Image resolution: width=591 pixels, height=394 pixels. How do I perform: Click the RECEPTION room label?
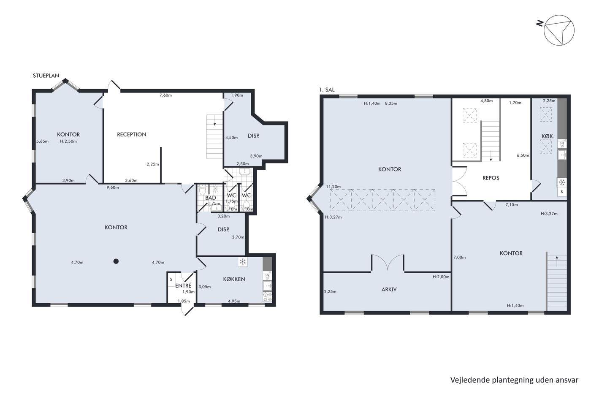tap(131, 135)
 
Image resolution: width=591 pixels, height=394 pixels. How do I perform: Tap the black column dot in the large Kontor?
tap(116, 261)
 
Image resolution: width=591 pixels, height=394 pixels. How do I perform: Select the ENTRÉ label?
tap(183, 285)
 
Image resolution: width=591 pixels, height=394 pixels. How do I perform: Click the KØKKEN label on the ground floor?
tap(234, 279)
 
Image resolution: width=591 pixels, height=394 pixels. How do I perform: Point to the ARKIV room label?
tap(389, 290)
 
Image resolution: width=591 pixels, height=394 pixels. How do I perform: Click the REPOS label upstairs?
tap(491, 178)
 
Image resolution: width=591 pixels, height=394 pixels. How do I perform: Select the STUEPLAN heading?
tap(46, 76)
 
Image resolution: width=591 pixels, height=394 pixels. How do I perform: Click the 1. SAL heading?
tap(327, 90)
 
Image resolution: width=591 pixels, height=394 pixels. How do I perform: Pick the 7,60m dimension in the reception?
tap(165, 95)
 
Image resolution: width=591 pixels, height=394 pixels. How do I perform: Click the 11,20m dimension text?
tap(333, 187)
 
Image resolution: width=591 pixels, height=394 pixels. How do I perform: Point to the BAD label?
tap(211, 198)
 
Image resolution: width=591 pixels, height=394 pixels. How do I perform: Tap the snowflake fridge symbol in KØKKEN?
tap(242, 262)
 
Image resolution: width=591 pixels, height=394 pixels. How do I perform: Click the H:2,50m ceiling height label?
tap(68, 141)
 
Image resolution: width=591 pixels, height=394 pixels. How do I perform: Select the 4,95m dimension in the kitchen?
tap(234, 301)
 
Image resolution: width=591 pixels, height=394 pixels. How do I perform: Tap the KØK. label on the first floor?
tap(548, 136)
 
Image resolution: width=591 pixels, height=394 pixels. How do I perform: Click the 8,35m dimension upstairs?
tap(391, 103)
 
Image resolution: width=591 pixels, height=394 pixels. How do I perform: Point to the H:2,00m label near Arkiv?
tap(441, 277)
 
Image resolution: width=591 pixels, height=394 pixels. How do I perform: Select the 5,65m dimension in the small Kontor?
tap(43, 141)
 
